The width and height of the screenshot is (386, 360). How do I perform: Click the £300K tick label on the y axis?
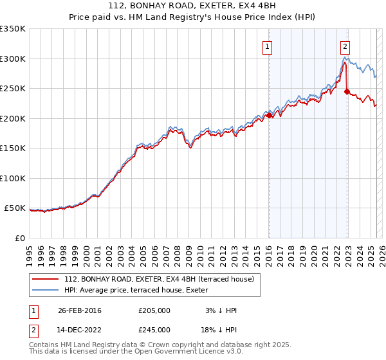(x=13, y=59)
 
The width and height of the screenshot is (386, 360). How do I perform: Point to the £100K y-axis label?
(x=13, y=178)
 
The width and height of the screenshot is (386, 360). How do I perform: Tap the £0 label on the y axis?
(x=20, y=238)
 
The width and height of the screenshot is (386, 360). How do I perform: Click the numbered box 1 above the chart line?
(x=267, y=46)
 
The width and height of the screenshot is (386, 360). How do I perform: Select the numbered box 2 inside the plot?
(x=345, y=46)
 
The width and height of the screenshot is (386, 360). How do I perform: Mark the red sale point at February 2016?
(x=269, y=116)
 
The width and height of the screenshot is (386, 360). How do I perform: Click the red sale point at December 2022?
(x=347, y=92)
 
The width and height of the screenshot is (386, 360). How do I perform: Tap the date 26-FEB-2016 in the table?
(x=80, y=310)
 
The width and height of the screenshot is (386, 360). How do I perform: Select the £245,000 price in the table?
(x=154, y=330)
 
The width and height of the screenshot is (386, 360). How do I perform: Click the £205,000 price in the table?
(x=154, y=310)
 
